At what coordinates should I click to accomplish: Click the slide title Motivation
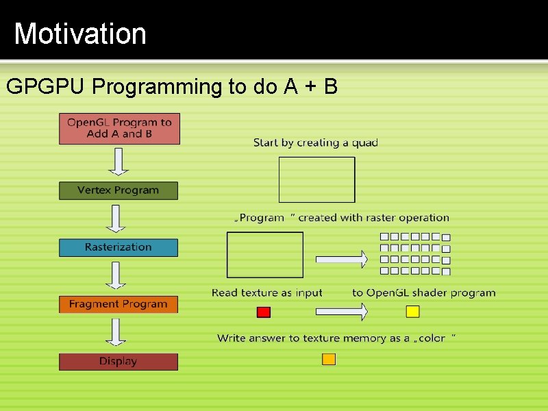(80, 34)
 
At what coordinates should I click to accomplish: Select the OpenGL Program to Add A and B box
(119, 128)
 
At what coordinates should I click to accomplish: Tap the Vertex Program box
(118, 190)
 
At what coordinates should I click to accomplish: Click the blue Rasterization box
(118, 247)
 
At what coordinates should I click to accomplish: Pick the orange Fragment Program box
(118, 304)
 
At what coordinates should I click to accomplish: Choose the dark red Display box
(118, 361)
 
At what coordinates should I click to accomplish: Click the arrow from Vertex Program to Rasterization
(118, 219)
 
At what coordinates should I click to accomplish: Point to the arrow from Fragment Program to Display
(118, 332)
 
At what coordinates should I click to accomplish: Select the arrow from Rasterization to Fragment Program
(118, 275)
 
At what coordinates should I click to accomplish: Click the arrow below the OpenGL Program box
(118, 162)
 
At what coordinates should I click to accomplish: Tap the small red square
(264, 312)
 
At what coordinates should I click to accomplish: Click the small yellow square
(412, 312)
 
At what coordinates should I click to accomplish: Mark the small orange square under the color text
(329, 359)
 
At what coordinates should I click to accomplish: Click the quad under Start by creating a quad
(316, 179)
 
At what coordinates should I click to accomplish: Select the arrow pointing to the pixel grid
(341, 258)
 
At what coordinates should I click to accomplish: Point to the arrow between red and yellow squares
(341, 312)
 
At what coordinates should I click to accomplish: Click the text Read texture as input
(266, 292)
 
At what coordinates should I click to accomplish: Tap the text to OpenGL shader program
(423, 292)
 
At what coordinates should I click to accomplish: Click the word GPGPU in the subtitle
(46, 87)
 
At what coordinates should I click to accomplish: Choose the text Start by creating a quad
(315, 142)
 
